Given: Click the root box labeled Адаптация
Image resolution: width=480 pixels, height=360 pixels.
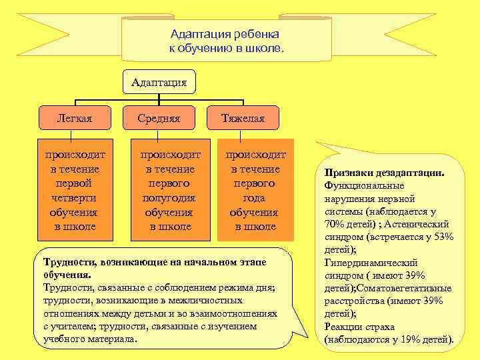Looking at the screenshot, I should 159,83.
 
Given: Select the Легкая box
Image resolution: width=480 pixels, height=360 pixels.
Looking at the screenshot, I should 75,119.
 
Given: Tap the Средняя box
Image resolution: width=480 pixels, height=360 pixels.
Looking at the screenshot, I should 159,119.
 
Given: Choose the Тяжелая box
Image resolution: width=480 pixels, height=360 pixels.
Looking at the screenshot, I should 243,119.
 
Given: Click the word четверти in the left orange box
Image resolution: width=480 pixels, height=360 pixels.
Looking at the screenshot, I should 75,198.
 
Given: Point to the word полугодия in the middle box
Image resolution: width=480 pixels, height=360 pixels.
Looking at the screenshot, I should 169,198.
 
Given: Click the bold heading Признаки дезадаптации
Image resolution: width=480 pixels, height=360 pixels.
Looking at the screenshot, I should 385,172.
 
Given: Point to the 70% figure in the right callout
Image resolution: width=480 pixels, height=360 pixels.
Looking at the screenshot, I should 334,223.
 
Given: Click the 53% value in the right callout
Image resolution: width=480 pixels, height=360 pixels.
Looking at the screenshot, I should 443,236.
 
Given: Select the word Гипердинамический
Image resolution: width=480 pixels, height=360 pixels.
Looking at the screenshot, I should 371,262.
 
